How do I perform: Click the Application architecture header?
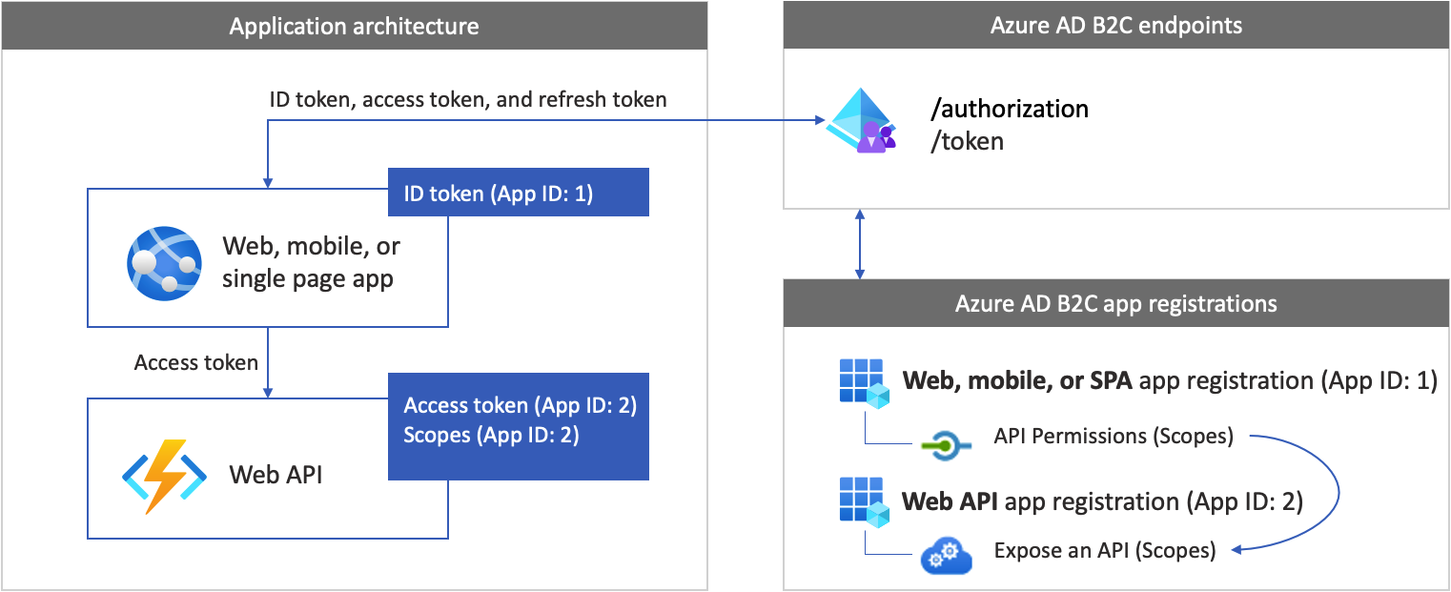coord(354,26)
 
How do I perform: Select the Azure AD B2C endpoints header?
coord(1116,26)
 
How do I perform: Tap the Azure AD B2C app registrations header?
coord(1116,304)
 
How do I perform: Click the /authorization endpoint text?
coord(1010,109)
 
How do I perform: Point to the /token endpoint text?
coord(968,142)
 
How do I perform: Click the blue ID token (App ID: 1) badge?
coord(519,194)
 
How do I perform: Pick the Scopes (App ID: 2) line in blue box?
coord(492,436)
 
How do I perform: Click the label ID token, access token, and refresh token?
coord(468,99)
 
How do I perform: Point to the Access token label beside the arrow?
coord(196,362)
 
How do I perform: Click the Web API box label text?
coord(276,474)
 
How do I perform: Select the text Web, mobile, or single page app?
coord(310,262)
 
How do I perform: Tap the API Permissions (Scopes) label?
coord(1113,437)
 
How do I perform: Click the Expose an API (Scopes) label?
coord(1104,550)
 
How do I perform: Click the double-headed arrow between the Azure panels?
coord(860,244)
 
